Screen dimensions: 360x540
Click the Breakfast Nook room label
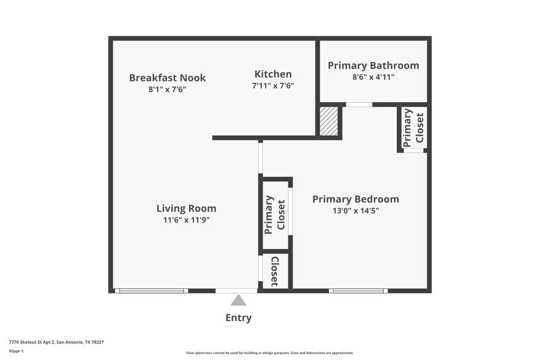point(167,78)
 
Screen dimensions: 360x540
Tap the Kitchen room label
point(273,74)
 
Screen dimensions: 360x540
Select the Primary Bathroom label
point(373,66)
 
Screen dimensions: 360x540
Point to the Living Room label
point(186,208)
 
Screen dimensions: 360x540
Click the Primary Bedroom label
point(355,199)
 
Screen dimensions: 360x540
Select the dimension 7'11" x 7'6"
point(273,86)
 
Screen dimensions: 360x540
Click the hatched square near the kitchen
point(329,121)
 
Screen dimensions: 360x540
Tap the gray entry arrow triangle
point(238,300)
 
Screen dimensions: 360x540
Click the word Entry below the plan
point(238,318)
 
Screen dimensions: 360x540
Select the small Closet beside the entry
point(274,271)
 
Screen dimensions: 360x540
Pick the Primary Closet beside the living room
point(275,214)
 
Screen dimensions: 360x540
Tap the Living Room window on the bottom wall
point(151,291)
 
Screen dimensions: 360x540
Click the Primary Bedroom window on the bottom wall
point(358,291)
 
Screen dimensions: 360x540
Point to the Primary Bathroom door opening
point(359,105)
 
